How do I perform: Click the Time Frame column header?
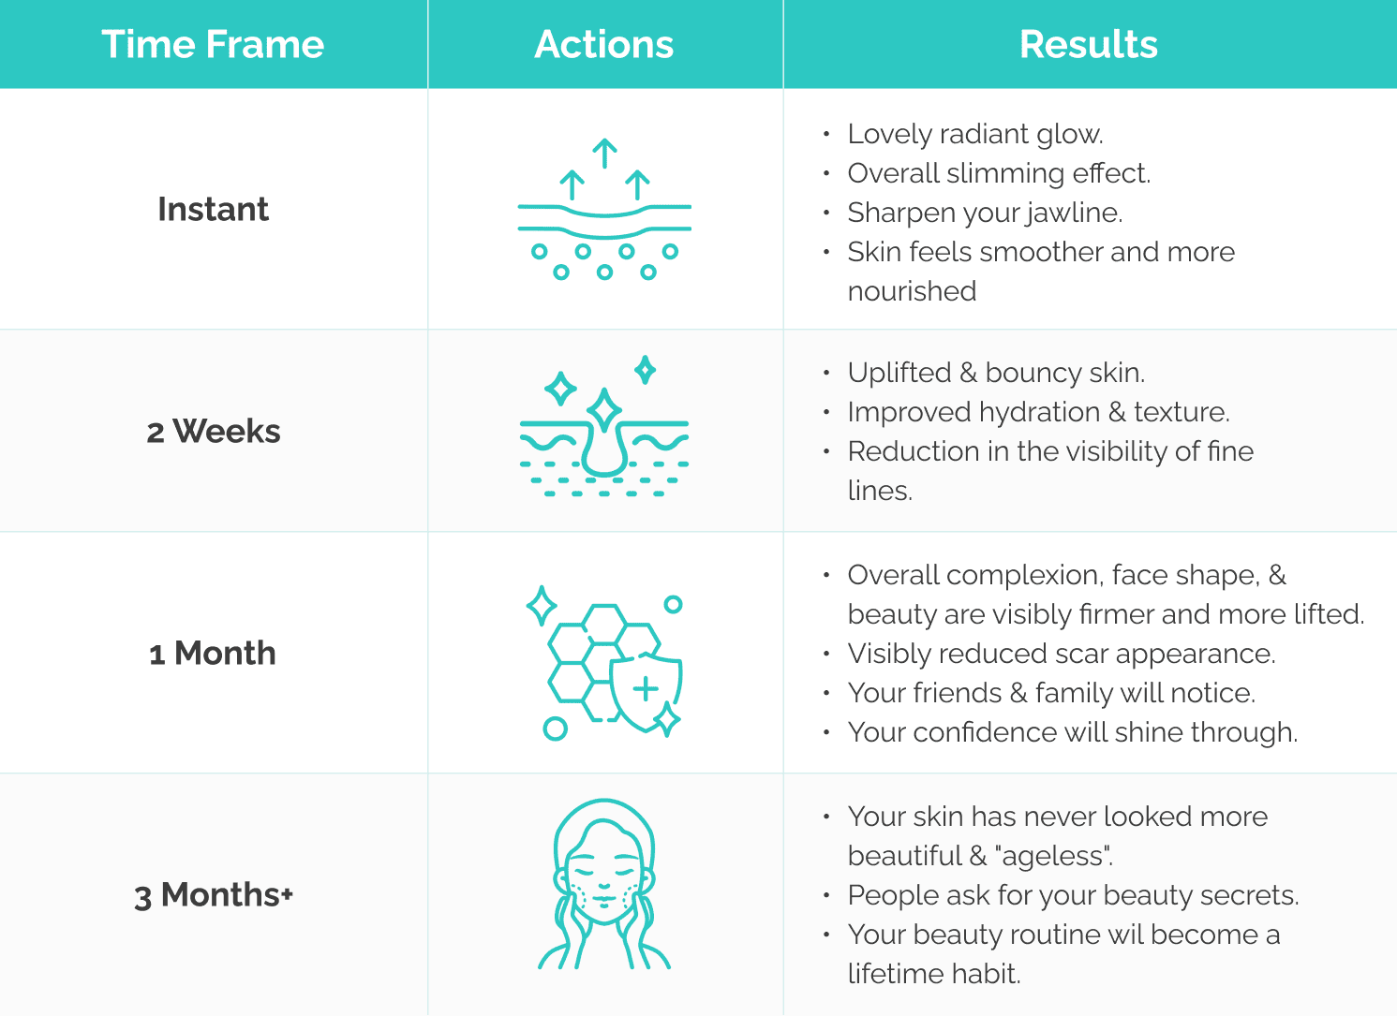[213, 44]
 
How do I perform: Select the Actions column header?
[603, 44]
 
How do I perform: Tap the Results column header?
[1089, 44]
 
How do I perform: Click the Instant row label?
[214, 209]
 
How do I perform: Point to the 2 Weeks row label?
[214, 431]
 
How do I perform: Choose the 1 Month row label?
[213, 653]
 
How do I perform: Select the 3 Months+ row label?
[214, 894]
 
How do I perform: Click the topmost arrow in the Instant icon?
[604, 154]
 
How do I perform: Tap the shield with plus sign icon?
[646, 692]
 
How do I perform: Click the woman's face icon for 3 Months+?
[604, 884]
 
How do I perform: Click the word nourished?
[912, 291]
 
